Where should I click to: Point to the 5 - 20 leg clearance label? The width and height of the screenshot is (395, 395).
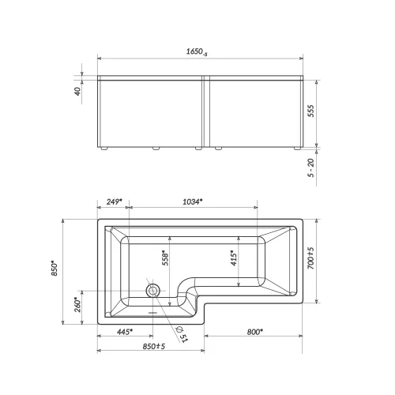tap(312, 167)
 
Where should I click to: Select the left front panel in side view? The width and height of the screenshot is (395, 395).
tap(150, 112)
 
